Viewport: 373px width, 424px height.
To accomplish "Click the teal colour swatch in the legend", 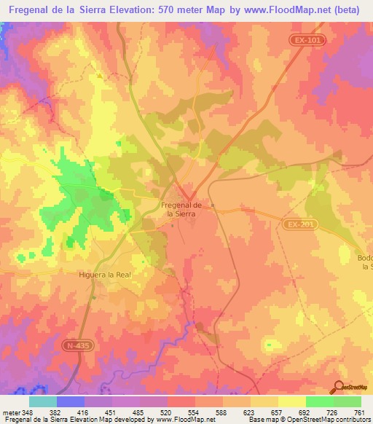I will [x=43, y=401].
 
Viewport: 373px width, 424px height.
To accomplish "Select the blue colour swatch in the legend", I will [x=71, y=401].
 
